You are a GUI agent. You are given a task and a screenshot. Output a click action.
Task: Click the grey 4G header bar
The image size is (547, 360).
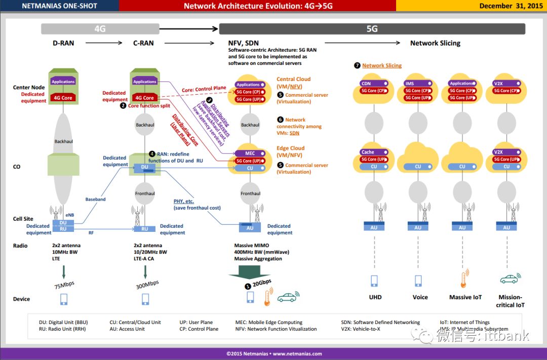100,29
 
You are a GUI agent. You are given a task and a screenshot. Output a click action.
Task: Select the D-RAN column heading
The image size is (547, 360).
63,43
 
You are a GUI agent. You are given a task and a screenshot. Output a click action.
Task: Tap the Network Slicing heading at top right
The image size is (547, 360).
435,43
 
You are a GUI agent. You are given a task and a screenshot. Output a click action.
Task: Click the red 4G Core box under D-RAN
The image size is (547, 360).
64,98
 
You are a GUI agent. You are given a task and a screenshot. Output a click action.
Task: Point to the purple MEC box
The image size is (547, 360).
250,153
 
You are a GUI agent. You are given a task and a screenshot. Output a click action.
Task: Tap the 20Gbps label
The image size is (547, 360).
262,282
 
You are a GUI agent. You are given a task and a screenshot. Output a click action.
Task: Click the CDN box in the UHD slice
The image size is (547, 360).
366,84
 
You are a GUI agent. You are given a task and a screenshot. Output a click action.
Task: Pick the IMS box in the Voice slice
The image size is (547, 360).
410,84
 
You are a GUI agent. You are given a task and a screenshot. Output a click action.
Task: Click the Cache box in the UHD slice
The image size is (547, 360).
368,152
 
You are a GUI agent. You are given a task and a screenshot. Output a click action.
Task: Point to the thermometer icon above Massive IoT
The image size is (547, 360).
463,280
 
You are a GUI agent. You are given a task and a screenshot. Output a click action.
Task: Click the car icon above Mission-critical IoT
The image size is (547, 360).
509,278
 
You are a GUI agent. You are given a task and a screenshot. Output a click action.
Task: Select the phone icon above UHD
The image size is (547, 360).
374,281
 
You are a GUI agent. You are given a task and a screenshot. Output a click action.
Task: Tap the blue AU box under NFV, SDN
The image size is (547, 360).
250,228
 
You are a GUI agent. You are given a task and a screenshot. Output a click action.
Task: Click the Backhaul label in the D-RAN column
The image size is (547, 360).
64,142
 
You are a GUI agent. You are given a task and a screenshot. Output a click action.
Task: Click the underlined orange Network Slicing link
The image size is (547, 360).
382,66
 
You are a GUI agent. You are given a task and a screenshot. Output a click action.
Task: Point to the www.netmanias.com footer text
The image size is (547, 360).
297,354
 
